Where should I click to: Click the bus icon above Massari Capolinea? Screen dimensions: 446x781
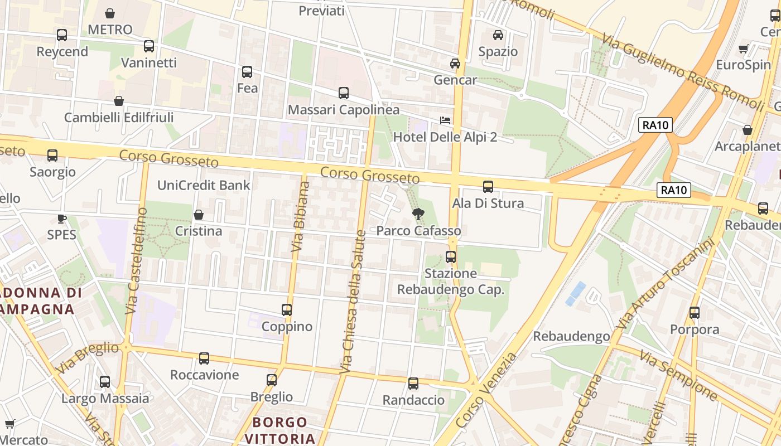tap(344, 93)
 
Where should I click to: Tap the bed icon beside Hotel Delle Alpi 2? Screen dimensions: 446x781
tap(445, 120)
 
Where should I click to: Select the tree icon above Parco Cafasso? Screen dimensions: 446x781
tap(418, 213)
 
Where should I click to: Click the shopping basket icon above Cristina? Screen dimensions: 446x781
tap(198, 215)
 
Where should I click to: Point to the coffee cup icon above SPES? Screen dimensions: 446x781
tap(61, 218)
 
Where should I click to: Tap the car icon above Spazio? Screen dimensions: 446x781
tap(498, 35)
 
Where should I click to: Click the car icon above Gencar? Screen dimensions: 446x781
tap(455, 63)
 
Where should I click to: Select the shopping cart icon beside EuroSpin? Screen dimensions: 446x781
tap(743, 49)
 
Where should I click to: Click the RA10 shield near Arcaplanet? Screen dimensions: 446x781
tap(655, 125)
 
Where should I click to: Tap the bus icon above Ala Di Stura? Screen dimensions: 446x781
tap(488, 187)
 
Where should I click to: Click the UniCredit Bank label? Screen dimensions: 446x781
tap(204, 185)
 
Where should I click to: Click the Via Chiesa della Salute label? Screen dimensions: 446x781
tap(354, 301)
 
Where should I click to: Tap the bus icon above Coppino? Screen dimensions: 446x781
tap(287, 310)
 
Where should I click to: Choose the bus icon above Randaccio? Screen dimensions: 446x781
tap(413, 384)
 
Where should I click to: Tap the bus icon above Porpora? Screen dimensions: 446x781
tap(695, 313)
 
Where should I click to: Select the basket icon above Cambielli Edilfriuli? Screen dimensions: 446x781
tap(118, 101)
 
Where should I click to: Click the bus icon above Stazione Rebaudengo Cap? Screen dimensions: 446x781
tap(451, 257)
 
